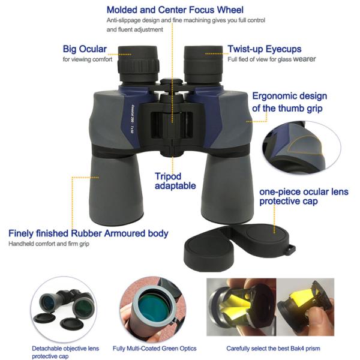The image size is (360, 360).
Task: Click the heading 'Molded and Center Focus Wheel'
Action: [x=175, y=10]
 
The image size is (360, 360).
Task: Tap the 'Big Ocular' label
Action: [x=85, y=49]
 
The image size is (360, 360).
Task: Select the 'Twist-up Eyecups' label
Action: [x=265, y=49]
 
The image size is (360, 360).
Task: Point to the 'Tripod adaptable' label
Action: [x=175, y=181]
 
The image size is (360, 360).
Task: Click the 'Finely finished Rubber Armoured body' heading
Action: [x=88, y=233]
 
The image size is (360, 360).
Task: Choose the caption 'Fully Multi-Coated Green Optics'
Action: [x=154, y=348]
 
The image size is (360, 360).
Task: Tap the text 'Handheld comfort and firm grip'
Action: [x=50, y=244]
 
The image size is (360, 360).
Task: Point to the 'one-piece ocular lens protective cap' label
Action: [x=302, y=196]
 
